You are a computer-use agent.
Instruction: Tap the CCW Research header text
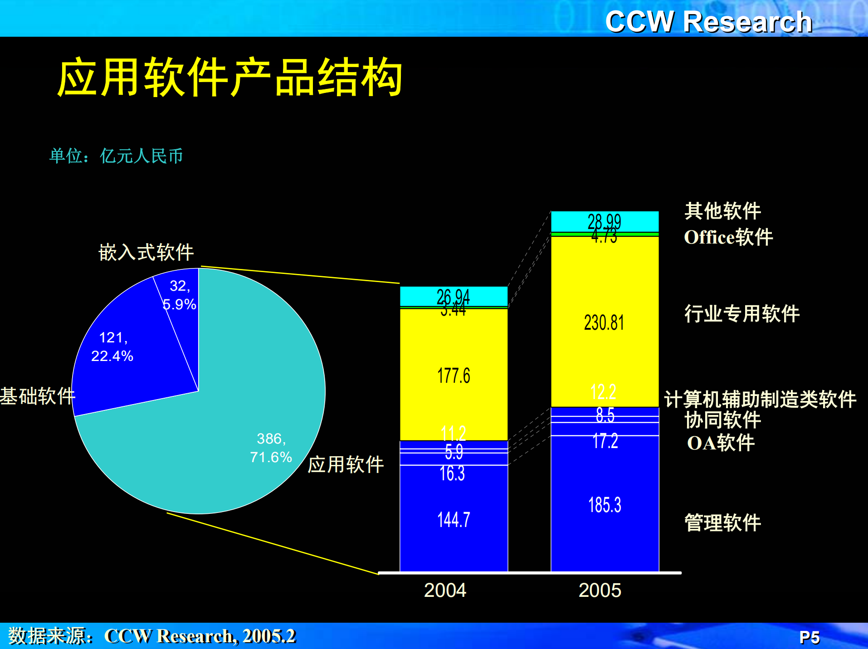coord(708,21)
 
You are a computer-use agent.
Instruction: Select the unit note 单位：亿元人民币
coord(116,156)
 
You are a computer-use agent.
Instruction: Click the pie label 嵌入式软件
coord(146,252)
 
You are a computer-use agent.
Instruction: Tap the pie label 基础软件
coord(37,396)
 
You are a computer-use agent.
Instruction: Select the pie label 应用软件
coord(346,464)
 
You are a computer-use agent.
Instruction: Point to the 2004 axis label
coord(445,590)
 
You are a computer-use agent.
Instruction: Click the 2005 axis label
coord(600,590)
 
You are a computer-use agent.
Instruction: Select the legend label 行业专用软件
coord(741,313)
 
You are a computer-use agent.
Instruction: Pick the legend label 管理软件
coord(722,522)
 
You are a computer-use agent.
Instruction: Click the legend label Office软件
coord(728,237)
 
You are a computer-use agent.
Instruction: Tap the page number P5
coord(809,638)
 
